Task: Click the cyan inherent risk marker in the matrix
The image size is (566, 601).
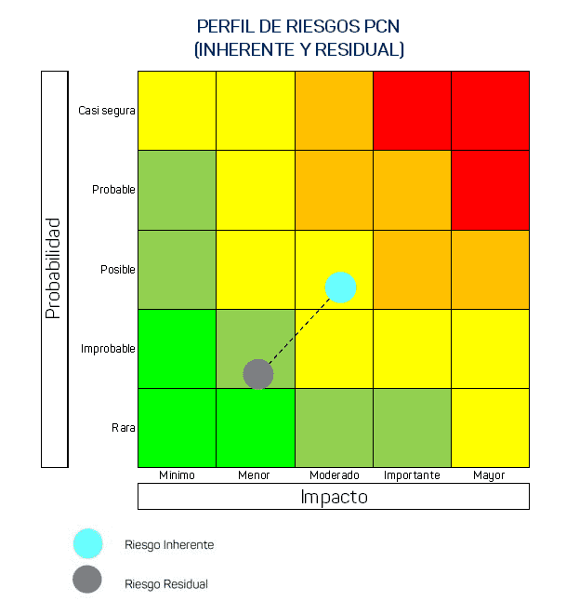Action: pos(341,287)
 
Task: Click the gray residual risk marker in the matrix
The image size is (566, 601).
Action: pos(257,374)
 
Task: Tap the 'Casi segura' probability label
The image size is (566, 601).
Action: pos(107,110)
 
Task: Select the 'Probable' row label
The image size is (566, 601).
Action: pos(113,190)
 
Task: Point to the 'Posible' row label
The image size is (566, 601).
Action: pos(118,270)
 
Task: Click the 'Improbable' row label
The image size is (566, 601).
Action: pos(108,349)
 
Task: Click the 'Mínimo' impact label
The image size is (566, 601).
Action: pos(177,475)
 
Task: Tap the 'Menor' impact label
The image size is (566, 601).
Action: pos(254,475)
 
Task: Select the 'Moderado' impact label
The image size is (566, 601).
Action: pos(334,475)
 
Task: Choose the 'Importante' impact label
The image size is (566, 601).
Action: pos(412,475)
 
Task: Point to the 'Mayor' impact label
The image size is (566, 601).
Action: pos(489,475)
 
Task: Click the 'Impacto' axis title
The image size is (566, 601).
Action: pos(334,497)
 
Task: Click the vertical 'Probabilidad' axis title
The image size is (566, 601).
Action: pos(54,269)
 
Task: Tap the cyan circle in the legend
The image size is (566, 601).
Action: pos(87,543)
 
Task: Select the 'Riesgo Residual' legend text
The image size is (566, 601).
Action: pos(166,584)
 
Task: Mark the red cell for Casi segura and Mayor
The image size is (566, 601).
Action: pos(490,110)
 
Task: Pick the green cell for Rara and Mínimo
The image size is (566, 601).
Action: pos(177,428)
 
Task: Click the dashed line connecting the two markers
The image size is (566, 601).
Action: pos(299,330)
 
